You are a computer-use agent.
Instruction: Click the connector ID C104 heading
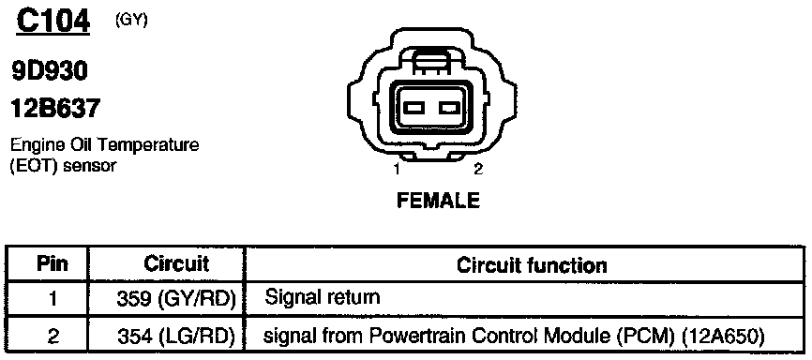click(53, 22)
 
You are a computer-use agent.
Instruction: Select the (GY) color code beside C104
click(132, 21)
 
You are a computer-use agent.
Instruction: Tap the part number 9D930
click(49, 73)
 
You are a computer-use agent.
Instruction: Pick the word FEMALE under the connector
click(438, 200)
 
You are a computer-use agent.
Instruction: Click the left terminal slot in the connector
click(414, 108)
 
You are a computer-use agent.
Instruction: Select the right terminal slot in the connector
click(448, 108)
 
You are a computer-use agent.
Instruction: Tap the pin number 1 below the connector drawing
click(397, 170)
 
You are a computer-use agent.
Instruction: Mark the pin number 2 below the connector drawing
click(478, 170)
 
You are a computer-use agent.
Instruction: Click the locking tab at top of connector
click(432, 63)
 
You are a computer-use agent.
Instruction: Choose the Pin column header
click(53, 264)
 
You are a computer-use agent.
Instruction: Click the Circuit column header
click(176, 264)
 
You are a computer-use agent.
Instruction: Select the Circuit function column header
click(532, 265)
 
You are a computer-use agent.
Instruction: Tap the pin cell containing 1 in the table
click(53, 299)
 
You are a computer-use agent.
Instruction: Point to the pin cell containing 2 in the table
click(53, 337)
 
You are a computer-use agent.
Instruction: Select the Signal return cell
click(323, 298)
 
